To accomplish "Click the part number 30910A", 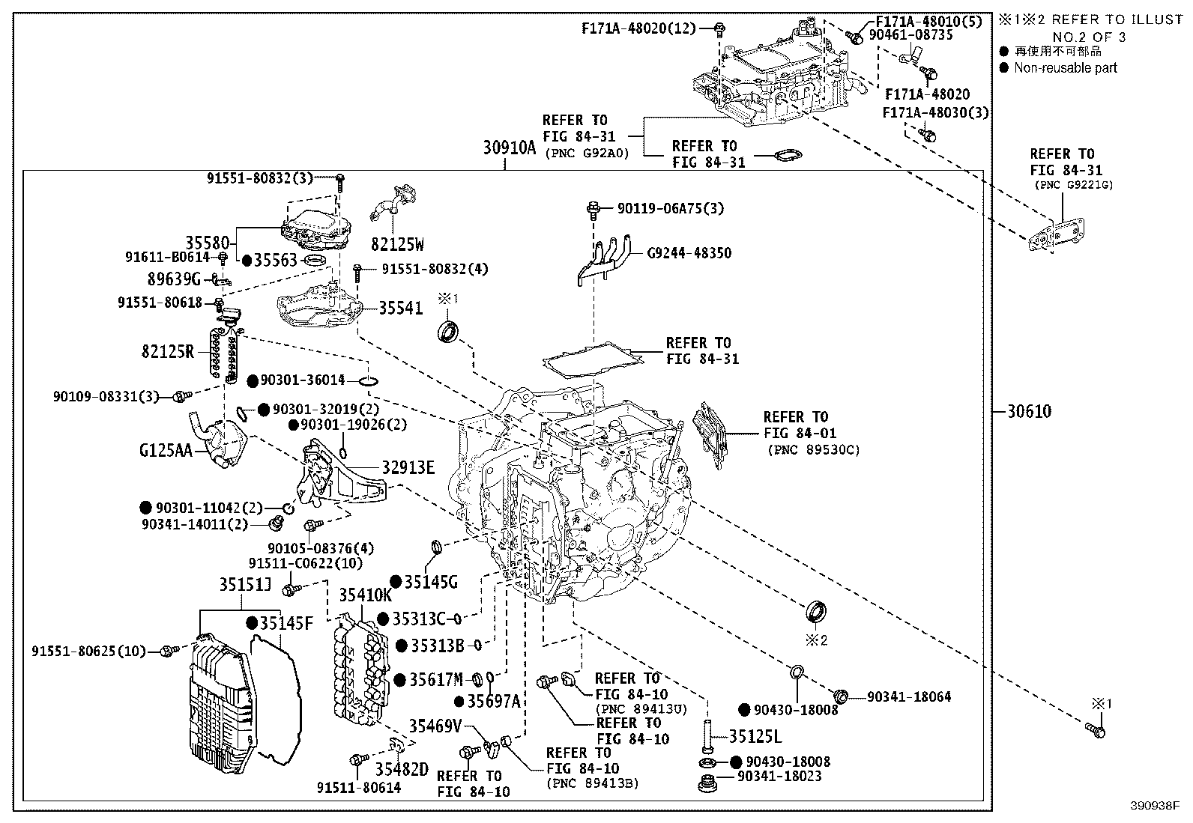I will pos(509,148).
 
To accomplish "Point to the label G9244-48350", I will pos(689,253).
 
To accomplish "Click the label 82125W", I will pos(397,244).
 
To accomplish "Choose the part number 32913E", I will pos(408,468).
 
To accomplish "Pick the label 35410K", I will pos(365,595).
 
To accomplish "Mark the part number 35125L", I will pos(755,737).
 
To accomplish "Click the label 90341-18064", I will pos(909,696).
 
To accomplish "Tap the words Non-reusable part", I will pos(1065,68).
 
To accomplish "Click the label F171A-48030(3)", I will pos(935,112).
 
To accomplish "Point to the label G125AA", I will pos(165,450).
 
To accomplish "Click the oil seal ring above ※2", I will pos(815,610).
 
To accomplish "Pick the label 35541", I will pos(400,308).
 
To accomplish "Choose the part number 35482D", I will pos(401,769).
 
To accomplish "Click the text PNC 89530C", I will pos(813,450).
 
